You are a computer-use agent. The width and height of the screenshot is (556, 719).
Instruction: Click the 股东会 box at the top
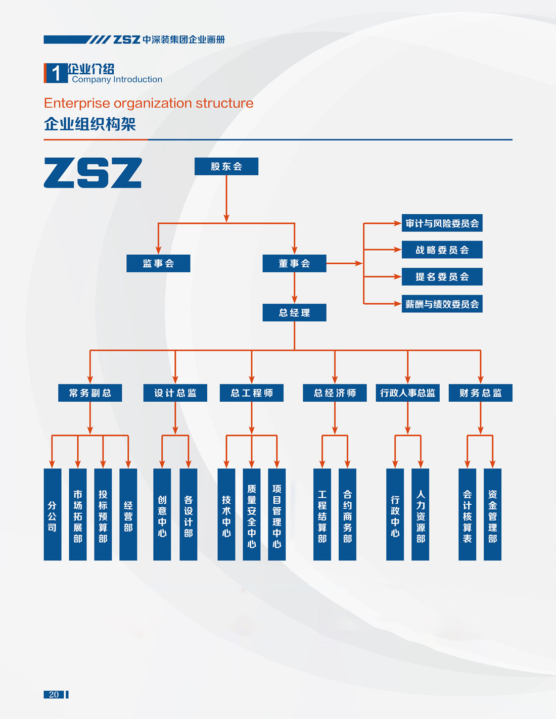[226, 166]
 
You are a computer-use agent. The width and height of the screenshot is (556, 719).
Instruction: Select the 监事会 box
[158, 263]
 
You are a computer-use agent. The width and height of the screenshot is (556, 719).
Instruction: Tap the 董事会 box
[294, 263]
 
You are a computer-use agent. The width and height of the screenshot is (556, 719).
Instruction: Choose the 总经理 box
[294, 312]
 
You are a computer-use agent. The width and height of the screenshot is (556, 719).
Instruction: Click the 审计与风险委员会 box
[442, 223]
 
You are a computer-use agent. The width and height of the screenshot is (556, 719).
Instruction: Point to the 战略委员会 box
[442, 250]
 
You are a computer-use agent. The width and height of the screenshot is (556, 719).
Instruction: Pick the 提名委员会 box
[442, 276]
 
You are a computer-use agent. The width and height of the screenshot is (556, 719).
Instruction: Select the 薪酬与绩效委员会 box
[442, 304]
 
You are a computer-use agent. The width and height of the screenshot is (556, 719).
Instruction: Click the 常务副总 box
[90, 393]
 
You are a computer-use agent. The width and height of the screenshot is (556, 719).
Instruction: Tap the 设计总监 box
[175, 393]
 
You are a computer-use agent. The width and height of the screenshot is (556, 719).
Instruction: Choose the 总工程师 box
[251, 393]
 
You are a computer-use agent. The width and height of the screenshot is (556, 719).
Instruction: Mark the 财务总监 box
[480, 393]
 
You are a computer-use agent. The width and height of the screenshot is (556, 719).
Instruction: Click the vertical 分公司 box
[53, 514]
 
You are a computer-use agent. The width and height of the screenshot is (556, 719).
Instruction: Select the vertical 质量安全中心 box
[252, 514]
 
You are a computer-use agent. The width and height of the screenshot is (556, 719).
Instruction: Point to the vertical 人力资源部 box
[420, 514]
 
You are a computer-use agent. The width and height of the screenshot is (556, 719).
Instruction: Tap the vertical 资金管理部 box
[492, 514]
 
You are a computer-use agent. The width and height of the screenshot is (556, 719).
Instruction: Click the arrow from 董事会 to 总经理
[294, 289]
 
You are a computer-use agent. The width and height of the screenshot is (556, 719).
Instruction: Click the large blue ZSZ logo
[92, 173]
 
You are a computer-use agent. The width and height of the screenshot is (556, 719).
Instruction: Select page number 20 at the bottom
[54, 694]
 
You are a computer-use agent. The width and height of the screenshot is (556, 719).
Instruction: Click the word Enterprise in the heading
[76, 103]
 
